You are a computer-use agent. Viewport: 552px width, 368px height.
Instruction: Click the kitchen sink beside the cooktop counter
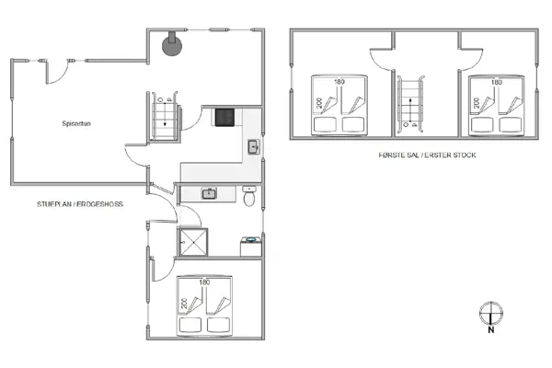click(253, 146)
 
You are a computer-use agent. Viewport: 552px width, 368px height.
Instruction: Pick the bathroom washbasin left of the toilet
click(209, 193)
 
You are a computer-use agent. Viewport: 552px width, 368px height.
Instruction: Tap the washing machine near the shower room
click(249, 246)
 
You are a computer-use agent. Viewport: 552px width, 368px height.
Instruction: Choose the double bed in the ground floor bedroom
click(207, 305)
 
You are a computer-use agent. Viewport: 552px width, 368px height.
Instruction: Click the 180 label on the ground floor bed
click(207, 282)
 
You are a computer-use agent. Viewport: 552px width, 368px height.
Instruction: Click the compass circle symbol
click(490, 311)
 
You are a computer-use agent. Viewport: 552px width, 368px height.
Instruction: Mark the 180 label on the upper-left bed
click(339, 82)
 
